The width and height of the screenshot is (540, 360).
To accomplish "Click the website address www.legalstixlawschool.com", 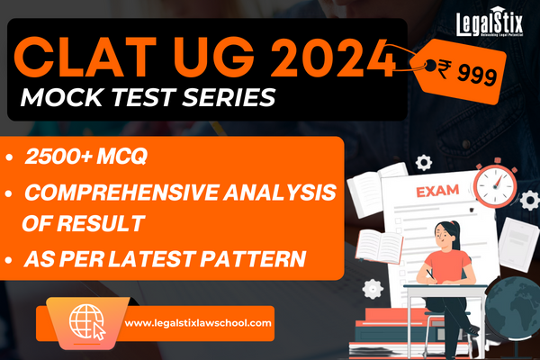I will [x=198, y=321].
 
